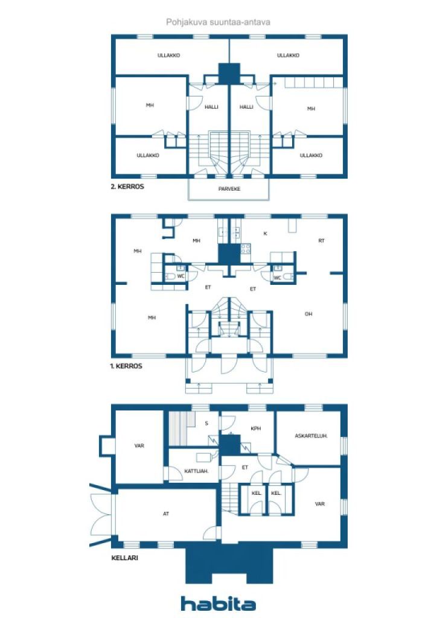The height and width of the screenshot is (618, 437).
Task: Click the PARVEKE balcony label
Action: (229, 189)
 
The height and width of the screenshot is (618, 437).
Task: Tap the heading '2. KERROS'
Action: (127, 186)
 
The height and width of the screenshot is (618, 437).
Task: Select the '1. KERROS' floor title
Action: (126, 366)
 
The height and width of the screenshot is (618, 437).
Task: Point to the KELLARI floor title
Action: (124, 558)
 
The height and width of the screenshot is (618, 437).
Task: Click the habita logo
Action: (218, 604)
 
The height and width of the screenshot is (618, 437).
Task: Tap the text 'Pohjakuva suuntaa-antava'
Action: (218, 22)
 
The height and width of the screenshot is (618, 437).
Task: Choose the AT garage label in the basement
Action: (166, 514)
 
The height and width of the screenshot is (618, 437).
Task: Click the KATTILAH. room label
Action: (196, 471)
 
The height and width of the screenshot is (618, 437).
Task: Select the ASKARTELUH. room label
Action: (311, 436)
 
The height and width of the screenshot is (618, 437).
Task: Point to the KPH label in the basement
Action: (256, 428)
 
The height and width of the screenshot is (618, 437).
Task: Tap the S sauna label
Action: (206, 423)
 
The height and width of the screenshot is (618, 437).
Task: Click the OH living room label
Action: (308, 314)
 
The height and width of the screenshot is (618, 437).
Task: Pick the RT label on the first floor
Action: (322, 240)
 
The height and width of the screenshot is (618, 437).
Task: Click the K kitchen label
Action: (265, 234)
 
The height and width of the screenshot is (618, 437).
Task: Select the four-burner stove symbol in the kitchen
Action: (246, 249)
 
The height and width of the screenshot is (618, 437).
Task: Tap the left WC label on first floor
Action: (181, 276)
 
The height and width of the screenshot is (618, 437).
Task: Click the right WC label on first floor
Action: (278, 278)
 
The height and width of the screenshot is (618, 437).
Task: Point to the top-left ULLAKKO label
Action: (168, 56)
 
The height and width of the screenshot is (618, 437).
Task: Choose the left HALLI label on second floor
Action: (212, 107)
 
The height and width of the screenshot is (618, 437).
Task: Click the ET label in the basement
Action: (245, 468)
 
